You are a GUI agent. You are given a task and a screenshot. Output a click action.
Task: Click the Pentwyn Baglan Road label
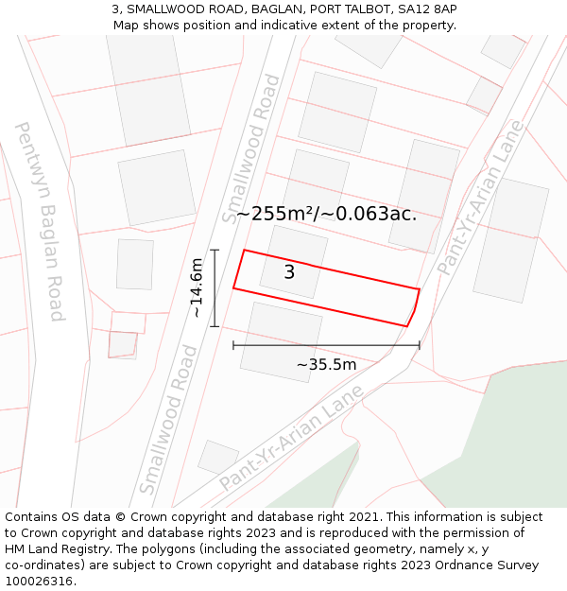[x=40, y=220]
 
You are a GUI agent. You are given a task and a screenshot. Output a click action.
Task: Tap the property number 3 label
[x=289, y=272]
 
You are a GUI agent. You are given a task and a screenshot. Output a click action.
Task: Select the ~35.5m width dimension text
[x=326, y=365]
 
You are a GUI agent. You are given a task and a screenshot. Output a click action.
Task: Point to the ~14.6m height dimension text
[x=197, y=287]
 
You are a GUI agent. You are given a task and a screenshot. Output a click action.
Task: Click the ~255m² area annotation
[x=326, y=214]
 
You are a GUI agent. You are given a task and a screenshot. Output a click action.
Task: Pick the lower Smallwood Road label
[x=168, y=420]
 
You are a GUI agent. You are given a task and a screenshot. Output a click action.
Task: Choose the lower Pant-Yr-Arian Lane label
[x=292, y=437]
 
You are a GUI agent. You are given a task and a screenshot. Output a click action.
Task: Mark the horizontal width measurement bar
[x=326, y=346]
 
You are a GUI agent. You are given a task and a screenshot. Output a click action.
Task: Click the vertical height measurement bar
[x=215, y=288]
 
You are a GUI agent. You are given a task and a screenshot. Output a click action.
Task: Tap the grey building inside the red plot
[x=294, y=261]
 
